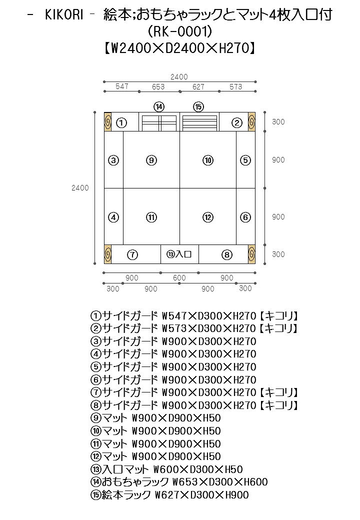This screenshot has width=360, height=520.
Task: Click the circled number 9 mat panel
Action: point(151,160)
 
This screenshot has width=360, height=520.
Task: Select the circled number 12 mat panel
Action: point(208,217)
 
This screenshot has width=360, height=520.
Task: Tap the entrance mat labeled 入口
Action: point(179,254)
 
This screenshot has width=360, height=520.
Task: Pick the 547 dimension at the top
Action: point(122,86)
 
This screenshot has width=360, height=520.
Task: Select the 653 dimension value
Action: point(158,87)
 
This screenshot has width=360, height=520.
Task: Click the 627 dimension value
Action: point(198,87)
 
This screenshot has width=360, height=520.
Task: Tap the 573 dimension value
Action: point(235,87)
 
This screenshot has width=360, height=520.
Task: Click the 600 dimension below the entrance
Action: point(179,278)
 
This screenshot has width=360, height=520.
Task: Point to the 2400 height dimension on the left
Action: point(80,188)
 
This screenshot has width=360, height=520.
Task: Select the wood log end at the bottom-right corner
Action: point(251,254)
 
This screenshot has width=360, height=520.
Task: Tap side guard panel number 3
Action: point(114,160)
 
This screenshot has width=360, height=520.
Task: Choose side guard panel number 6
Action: point(245,217)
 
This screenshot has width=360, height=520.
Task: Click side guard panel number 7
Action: point(132,254)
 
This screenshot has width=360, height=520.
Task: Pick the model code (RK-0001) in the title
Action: point(180,32)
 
